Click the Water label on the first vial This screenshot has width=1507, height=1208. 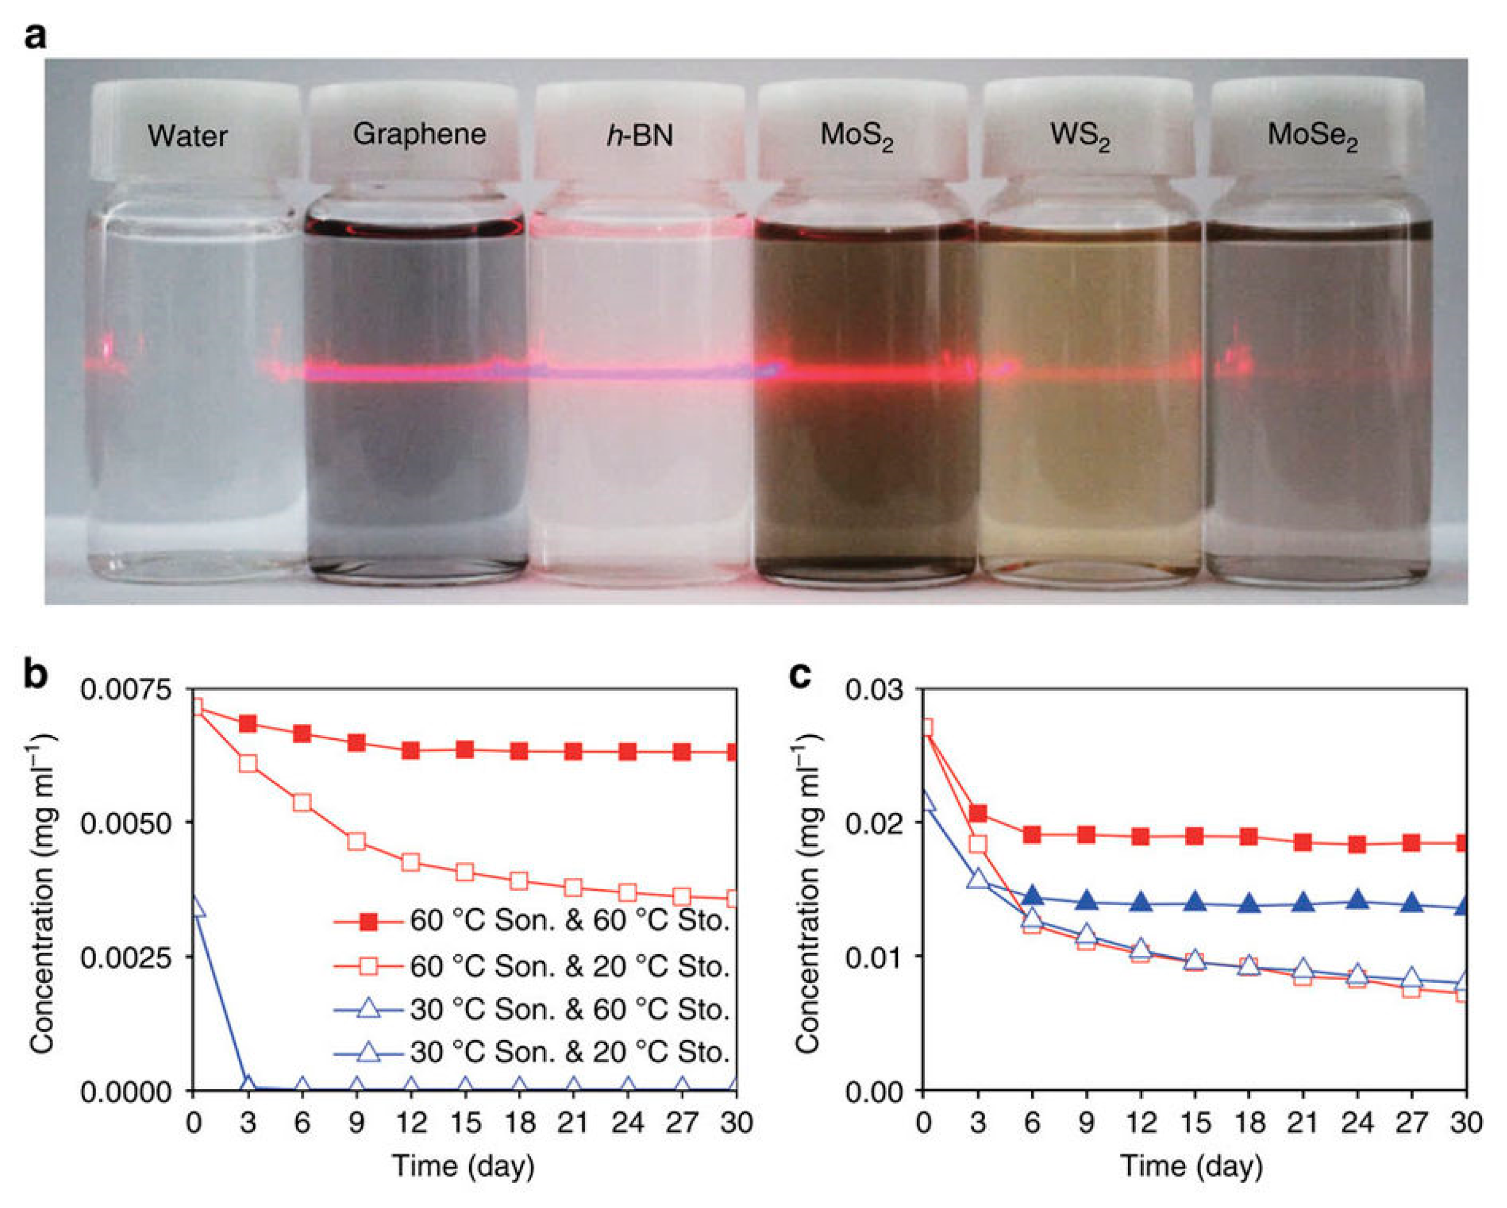coord(187,136)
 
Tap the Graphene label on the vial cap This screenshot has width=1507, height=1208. coord(419,134)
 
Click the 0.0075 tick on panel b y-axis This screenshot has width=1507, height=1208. coord(125,690)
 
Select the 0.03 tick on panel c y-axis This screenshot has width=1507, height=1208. coord(874,690)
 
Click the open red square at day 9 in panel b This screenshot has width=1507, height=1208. coord(357,841)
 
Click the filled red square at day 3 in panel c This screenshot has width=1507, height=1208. coord(978,813)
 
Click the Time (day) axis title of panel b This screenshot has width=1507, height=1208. coord(464,1166)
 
